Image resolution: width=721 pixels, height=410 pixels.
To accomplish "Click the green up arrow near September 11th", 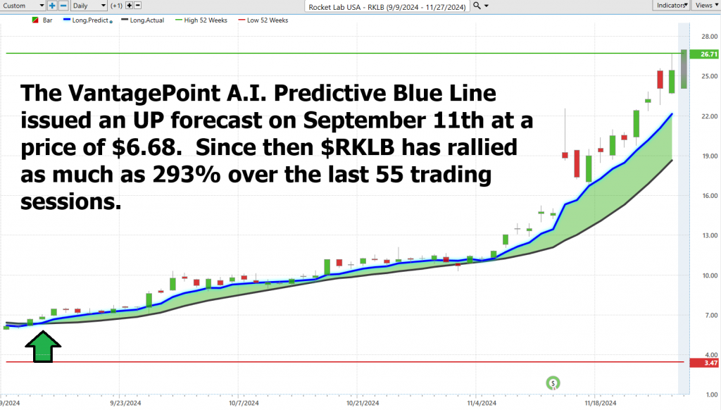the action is pyautogui.click(x=43, y=347).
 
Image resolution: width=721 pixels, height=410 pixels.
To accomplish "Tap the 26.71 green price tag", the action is pyautogui.click(x=704, y=54).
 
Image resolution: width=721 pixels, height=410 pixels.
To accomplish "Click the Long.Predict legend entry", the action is pyautogui.click(x=87, y=20).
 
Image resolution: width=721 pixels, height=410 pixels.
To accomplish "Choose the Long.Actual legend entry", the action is pyautogui.click(x=142, y=20).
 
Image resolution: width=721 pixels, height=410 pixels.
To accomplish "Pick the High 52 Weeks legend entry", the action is pyautogui.click(x=201, y=20).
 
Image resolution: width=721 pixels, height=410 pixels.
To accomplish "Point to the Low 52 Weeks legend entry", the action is pyautogui.click(x=263, y=20).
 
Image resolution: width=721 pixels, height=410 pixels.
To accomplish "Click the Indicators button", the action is pyautogui.click(x=671, y=6).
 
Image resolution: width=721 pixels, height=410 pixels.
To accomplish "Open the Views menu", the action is pyautogui.click(x=706, y=6).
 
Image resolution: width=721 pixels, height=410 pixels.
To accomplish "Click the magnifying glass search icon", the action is pyautogui.click(x=477, y=6).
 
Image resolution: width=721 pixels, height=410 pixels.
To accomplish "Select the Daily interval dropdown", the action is pyautogui.click(x=89, y=6).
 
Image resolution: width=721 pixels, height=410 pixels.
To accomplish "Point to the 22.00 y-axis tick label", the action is pyautogui.click(x=710, y=116).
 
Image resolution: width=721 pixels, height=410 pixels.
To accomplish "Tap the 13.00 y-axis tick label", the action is pyautogui.click(x=710, y=235).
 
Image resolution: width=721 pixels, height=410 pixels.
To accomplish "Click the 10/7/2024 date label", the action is pyautogui.click(x=244, y=403).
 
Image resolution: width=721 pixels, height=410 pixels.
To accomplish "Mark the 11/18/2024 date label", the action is pyautogui.click(x=601, y=403).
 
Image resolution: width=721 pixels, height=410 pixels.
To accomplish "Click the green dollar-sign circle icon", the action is pyautogui.click(x=553, y=383).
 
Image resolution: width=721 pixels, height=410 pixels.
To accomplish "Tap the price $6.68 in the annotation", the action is pyautogui.click(x=145, y=148).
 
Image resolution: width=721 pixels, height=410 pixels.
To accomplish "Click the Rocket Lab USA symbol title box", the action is pyautogui.click(x=387, y=6).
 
